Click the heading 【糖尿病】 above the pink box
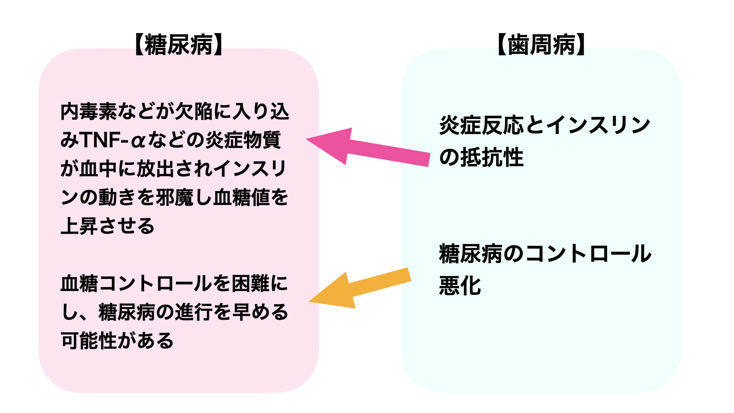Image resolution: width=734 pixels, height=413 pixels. click(x=179, y=45)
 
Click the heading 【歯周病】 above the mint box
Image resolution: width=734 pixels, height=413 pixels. click(x=541, y=45)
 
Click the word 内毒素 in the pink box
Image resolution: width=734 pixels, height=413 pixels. click(x=89, y=112)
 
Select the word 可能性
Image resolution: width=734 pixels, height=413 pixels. click(x=89, y=340)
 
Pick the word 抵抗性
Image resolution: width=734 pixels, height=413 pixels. click(x=492, y=157)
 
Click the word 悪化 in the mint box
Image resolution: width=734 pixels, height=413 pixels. click(x=460, y=286)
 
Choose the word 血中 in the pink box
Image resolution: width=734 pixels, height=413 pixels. click(x=98, y=169)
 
